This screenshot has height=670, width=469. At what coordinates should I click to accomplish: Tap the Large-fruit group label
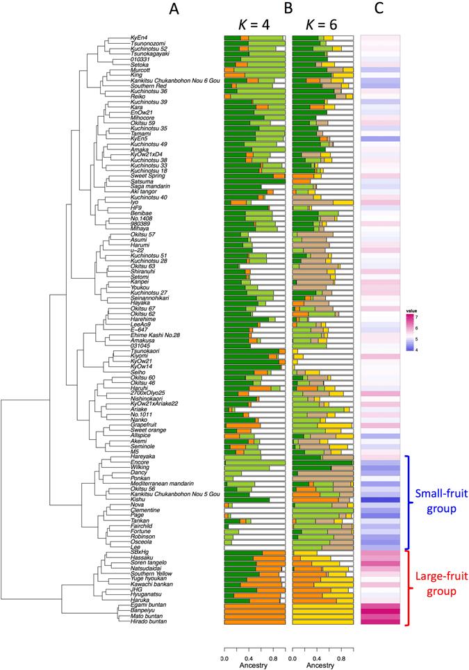click(x=439, y=585)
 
